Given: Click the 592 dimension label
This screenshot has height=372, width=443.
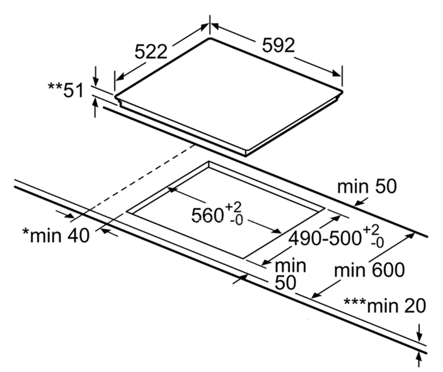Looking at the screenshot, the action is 279,45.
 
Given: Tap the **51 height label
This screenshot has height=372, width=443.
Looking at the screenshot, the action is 66,90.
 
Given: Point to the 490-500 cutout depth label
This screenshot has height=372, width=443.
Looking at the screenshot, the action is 325,238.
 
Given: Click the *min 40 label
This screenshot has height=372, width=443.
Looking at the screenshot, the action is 56,236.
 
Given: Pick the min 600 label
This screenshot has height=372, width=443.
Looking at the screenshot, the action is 369,270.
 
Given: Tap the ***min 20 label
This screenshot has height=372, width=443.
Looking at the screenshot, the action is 384,306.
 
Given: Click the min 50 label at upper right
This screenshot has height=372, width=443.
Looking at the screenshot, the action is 367,186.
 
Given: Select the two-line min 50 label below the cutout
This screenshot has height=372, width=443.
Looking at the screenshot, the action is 290,274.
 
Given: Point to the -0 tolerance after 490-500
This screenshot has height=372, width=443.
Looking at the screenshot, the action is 377,243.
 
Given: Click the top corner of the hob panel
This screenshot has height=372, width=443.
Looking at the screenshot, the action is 210,38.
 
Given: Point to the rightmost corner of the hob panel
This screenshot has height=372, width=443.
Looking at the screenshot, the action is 343,91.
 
